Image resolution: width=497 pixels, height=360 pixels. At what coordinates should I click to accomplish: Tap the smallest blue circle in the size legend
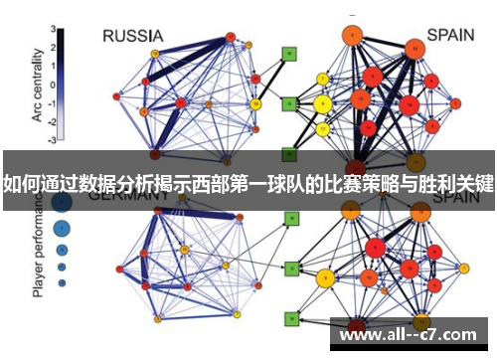(62, 283)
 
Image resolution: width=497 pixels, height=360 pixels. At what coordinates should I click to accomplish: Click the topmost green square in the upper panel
(289, 54)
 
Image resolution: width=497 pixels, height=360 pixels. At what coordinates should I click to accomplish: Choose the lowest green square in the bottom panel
(291, 319)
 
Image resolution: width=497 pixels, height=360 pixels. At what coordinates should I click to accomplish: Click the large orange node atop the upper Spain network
(351, 36)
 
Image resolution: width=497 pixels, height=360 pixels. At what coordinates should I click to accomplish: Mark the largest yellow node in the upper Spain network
(322, 103)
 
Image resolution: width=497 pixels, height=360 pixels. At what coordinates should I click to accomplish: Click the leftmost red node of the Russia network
(117, 96)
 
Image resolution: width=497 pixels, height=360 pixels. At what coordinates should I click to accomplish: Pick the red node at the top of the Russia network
(230, 37)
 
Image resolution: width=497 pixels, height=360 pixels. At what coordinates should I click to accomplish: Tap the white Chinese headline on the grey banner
(248, 183)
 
